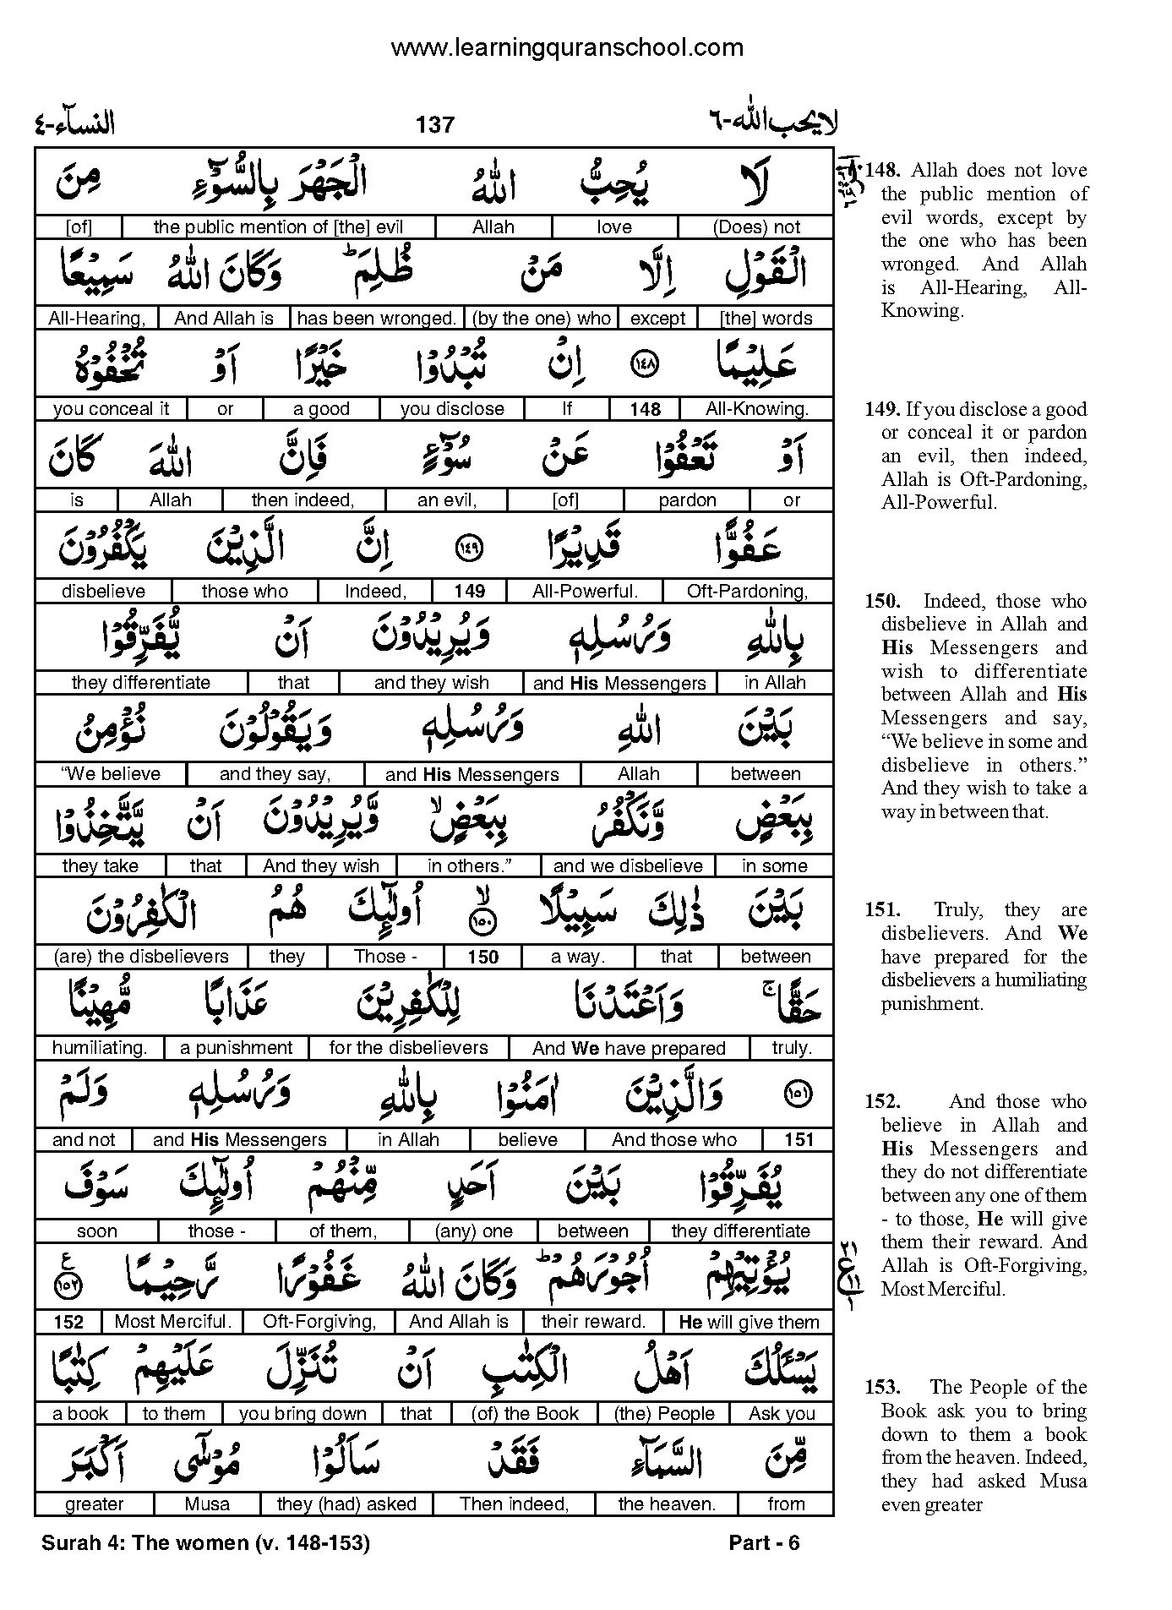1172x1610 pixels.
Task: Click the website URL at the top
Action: pos(567,48)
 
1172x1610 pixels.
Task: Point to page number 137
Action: pos(435,125)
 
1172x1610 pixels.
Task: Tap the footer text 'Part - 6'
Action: pos(764,1543)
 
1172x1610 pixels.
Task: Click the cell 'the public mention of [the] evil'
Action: pos(278,227)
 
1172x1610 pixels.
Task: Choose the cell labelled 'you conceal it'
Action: pos(111,409)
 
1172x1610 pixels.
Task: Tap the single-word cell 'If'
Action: pos(567,409)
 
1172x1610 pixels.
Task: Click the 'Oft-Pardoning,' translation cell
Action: pos(747,592)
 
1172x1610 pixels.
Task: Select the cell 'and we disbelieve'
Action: pos(628,866)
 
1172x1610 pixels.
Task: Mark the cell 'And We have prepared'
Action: pos(629,1049)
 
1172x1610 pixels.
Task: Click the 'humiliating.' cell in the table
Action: pos(100,1048)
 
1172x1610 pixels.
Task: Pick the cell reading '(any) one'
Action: pos(473,1231)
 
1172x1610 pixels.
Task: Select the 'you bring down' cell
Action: pos(303,1414)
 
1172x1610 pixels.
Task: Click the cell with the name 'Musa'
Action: pos(207,1504)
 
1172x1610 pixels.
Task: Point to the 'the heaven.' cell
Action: pos(667,1504)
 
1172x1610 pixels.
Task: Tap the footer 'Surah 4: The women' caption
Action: pos(205,1543)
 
